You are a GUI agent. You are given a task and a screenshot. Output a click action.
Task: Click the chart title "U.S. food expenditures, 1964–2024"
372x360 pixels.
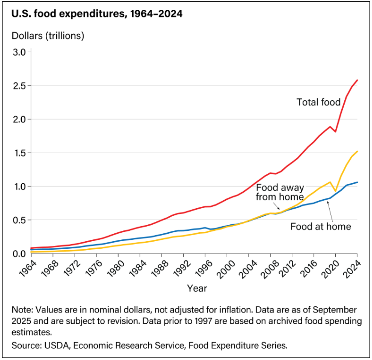tap(96, 14)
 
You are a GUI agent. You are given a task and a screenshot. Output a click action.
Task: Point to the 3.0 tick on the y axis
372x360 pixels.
tap(23, 52)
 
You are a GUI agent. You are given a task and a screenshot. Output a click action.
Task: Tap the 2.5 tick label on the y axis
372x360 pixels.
tap(23, 86)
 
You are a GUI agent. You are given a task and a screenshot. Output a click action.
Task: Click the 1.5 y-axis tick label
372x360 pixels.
tap(23, 153)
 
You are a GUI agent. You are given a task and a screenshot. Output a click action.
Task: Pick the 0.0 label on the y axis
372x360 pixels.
tap(23, 254)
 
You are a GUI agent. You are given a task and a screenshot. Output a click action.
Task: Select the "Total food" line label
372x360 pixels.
tap(318, 103)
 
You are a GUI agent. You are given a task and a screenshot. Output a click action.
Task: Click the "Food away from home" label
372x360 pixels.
tap(280, 192)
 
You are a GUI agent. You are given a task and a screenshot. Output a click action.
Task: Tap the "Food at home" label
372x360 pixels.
tap(321, 226)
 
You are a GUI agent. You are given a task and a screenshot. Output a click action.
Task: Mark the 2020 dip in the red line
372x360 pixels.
tap(336, 132)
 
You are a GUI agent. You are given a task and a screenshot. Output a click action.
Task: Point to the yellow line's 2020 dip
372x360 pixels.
tap(336, 191)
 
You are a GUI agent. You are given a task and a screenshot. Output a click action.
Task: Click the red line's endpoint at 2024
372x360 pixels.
tap(357, 80)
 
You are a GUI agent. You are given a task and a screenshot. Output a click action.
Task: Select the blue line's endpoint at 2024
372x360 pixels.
tap(357, 182)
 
